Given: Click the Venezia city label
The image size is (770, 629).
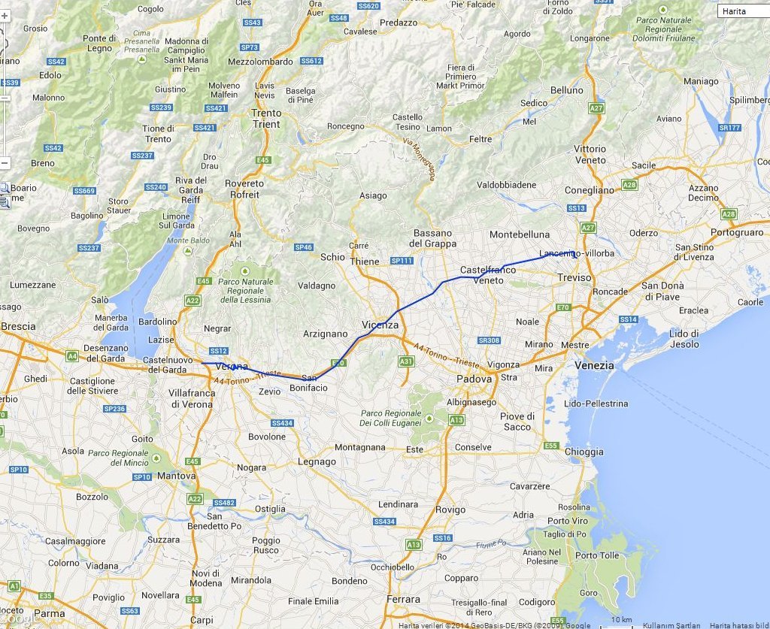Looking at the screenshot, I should click(594, 365).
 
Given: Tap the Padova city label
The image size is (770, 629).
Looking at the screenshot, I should click(474, 379).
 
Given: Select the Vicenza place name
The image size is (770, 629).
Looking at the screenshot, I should click(380, 325).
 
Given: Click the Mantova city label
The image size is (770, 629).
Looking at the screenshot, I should click(176, 476).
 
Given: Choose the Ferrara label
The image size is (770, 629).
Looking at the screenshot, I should click(403, 599).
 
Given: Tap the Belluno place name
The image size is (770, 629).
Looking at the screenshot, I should click(566, 90).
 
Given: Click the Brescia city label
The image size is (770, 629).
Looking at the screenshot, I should click(18, 327).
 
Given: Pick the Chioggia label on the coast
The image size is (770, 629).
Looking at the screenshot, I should click(584, 452).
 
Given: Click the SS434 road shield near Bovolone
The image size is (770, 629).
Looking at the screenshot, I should click(282, 424).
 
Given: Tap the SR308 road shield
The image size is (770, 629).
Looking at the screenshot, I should click(489, 340).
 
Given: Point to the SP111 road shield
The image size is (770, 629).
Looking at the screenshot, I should click(402, 261).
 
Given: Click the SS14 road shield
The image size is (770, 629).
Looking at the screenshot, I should click(628, 320).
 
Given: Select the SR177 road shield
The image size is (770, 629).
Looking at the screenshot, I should click(729, 128).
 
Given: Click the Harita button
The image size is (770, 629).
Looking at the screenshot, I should click(743, 12).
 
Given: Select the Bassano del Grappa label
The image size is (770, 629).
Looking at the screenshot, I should click(432, 238).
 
